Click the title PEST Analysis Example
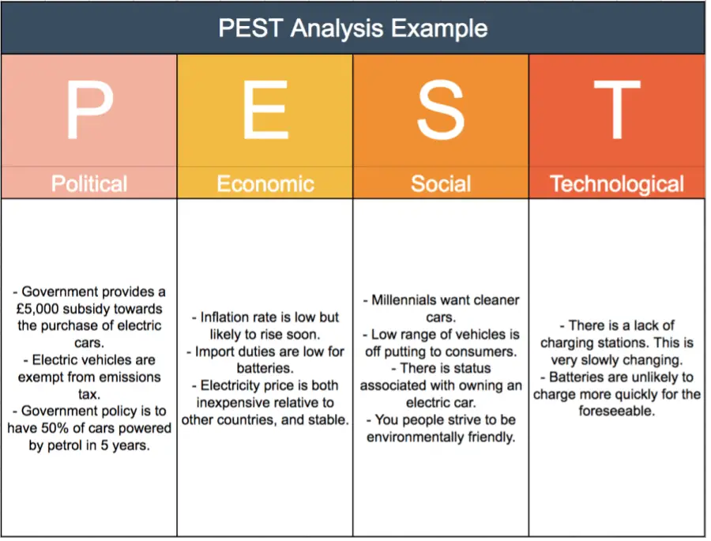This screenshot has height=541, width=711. pyautogui.click(x=353, y=28)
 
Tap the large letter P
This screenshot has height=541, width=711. pyautogui.click(x=89, y=111)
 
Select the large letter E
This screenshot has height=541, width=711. pyautogui.click(x=265, y=111)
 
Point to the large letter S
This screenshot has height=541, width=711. pyautogui.click(x=441, y=111)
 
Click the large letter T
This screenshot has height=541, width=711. pyautogui.click(x=616, y=111)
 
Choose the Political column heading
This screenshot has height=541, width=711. pyautogui.click(x=89, y=184)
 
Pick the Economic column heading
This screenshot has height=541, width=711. pyautogui.click(x=265, y=184)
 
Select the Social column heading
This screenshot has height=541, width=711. pyautogui.click(x=441, y=184)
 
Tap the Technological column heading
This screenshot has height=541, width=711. pyautogui.click(x=616, y=184)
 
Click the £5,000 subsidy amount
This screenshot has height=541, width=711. pyautogui.click(x=38, y=309)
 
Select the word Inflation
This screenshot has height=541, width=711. pyautogui.click(x=226, y=317)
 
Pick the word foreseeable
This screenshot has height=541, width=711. pyautogui.click(x=616, y=411)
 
